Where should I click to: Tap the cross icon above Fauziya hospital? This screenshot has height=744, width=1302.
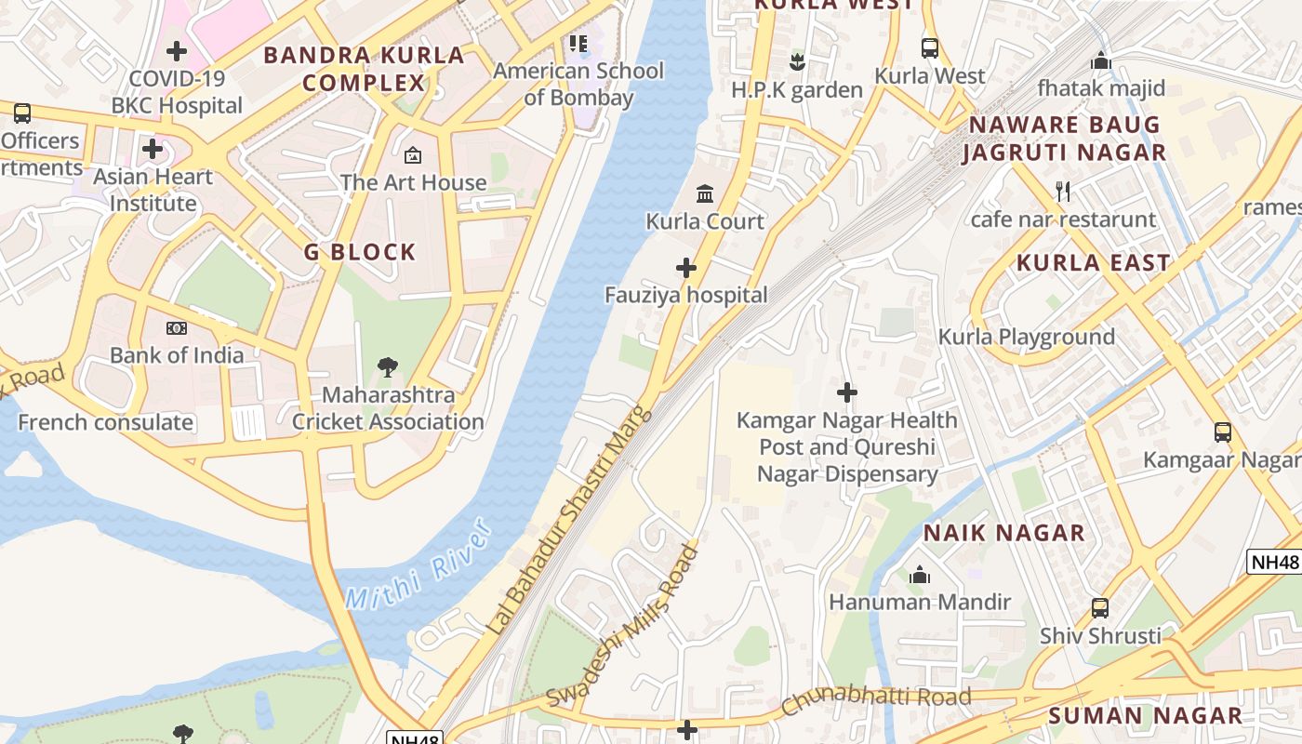686,269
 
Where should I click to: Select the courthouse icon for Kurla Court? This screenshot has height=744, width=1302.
705,194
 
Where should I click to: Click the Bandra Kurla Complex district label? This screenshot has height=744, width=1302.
364,69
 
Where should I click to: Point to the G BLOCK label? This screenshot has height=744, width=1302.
360,252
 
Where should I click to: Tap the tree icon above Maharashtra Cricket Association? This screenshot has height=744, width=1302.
388,367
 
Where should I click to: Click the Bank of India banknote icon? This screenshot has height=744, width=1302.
177,328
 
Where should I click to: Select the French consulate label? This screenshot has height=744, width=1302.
106,422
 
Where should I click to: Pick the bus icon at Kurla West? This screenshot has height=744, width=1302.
929,48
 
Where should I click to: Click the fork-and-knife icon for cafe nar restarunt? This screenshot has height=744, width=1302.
1063,193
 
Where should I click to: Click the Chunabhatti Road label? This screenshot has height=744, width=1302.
876,698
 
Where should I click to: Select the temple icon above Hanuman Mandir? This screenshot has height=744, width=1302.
920,576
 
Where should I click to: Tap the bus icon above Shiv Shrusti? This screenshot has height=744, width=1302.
1100,608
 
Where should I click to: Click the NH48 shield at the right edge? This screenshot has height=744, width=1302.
1273,562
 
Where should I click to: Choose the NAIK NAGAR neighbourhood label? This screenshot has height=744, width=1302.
1003,533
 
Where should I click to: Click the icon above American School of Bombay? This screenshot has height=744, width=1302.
578,43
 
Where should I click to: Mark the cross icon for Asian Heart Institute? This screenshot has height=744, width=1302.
153,149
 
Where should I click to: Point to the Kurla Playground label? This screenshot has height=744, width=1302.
1026,337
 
